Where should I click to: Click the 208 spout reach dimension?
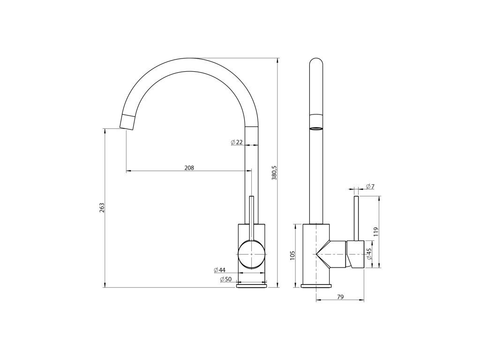pos(189,168)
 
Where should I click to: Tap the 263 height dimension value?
pos(102,208)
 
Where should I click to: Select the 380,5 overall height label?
pos(274,172)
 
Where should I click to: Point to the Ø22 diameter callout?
pos(237,142)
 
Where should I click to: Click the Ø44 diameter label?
pos(219,270)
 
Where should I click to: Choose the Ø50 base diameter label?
pos(226,279)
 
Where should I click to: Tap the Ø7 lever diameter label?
pos(370,186)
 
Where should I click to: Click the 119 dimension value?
pos(376,232)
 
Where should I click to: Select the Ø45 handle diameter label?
pos(369,254)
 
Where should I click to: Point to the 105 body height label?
pos(292,255)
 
